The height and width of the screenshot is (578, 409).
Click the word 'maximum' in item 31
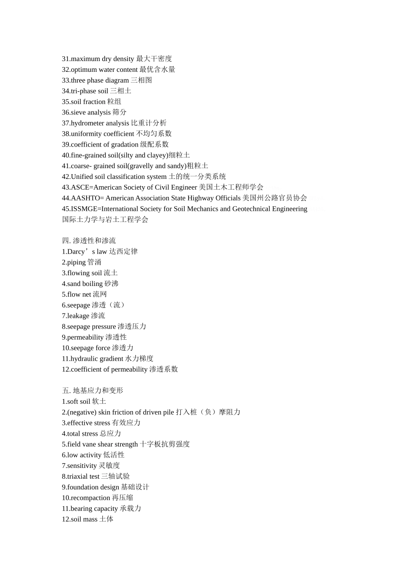pyautogui.click(x=85, y=59)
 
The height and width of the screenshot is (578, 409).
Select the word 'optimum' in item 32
pyautogui.click(x=84, y=70)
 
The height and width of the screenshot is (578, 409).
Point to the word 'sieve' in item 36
pyautogui.click(x=78, y=113)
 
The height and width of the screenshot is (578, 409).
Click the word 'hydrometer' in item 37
pyautogui.click(x=87, y=123)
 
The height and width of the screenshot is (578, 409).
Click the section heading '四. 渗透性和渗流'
pyautogui.click(x=89, y=241)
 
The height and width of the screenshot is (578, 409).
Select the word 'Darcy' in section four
pyautogui.click(x=76, y=252)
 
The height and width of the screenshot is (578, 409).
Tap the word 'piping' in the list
pyautogui.click(x=76, y=262)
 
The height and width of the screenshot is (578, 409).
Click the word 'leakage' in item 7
pyautogui.click(x=78, y=316)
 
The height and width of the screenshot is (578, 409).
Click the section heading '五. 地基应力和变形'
pyautogui.click(x=93, y=391)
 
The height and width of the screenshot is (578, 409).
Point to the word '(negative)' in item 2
pyautogui.click(x=82, y=412)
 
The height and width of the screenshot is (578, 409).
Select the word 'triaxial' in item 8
pyautogui.click(x=78, y=477)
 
